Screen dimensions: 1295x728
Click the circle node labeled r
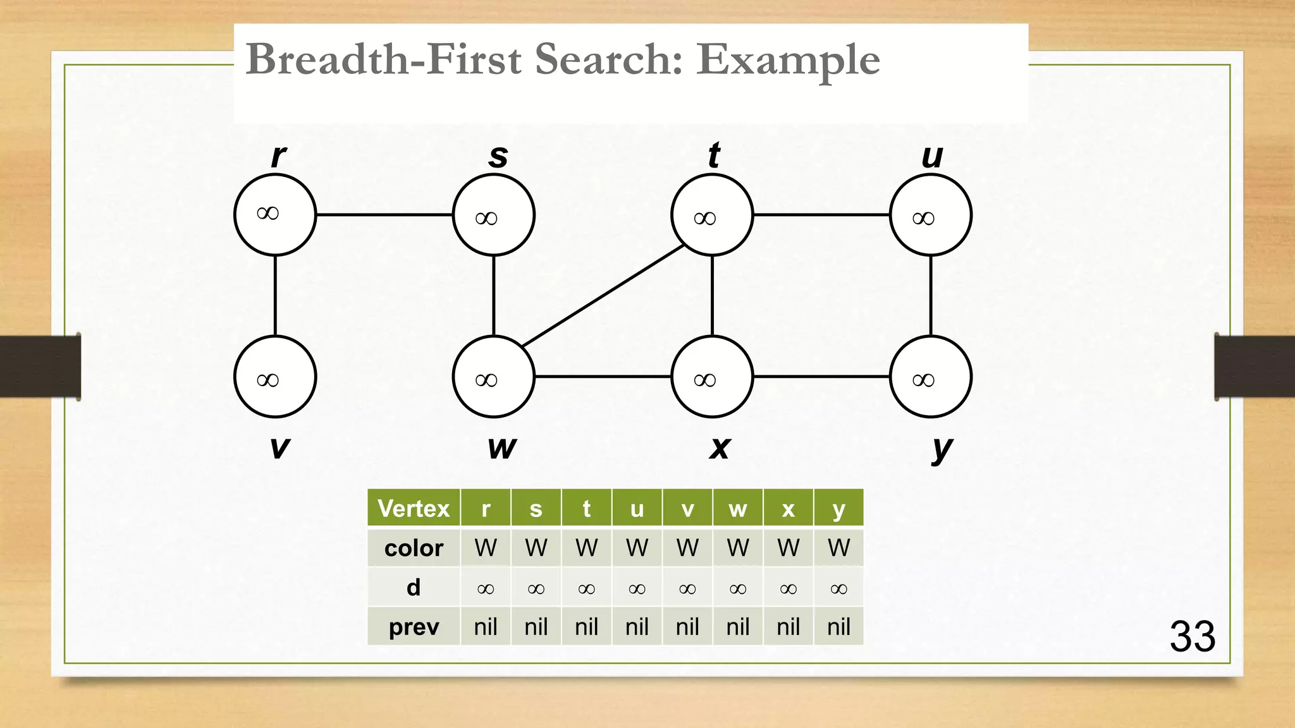pyautogui.click(x=275, y=215)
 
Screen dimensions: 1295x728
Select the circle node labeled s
pyautogui.click(x=494, y=215)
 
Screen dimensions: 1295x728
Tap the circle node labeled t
pyautogui.click(x=712, y=215)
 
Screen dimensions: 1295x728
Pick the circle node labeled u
pyautogui.click(x=931, y=215)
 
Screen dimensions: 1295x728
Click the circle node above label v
pyautogui.click(x=275, y=377)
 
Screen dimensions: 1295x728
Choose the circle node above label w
pyautogui.click(x=494, y=377)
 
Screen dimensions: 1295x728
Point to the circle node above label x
pyautogui.click(x=712, y=377)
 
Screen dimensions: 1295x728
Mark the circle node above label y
pyautogui.click(x=931, y=377)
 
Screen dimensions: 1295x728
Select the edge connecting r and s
pyautogui.click(x=384, y=215)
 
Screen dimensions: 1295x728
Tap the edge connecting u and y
pyautogui.click(x=931, y=296)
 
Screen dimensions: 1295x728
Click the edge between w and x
pyautogui.click(x=603, y=377)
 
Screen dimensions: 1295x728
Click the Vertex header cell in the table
pyautogui.click(x=414, y=508)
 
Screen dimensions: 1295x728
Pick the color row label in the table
pyautogui.click(x=414, y=548)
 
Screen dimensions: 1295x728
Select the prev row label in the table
pyautogui.click(x=414, y=627)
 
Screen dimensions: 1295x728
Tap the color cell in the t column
pyautogui.click(x=586, y=548)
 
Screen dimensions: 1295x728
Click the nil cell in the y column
pyautogui.click(x=838, y=627)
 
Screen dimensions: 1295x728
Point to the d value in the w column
pyautogui.click(x=737, y=588)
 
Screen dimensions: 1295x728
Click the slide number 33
pyautogui.click(x=1192, y=636)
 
